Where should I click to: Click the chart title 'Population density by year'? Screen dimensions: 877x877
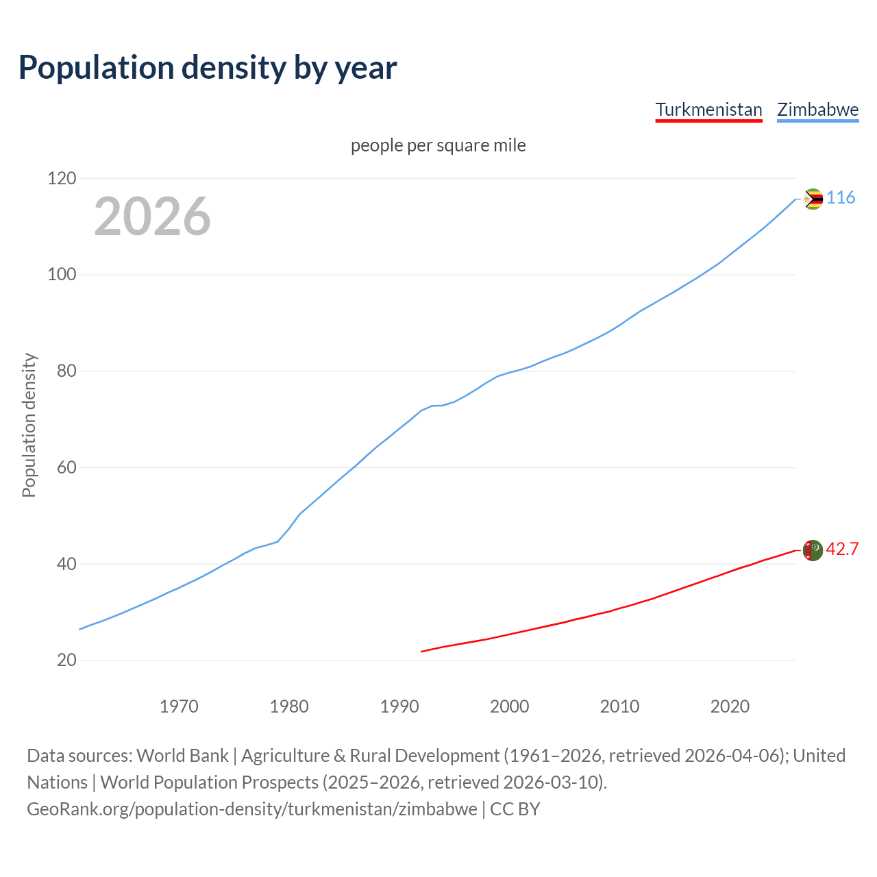(x=208, y=67)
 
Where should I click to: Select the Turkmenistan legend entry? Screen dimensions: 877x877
(x=708, y=110)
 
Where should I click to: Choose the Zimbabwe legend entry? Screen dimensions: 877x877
(x=817, y=110)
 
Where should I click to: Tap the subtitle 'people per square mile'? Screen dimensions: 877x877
(x=438, y=145)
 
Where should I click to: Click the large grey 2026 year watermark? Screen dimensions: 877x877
(x=152, y=217)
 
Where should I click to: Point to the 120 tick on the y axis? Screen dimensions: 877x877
(x=62, y=178)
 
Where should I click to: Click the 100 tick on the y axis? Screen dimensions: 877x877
(x=62, y=275)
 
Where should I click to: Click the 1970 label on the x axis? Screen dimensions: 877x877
(x=179, y=706)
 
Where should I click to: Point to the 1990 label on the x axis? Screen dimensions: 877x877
(x=399, y=706)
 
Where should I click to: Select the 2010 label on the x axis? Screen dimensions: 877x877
(x=619, y=706)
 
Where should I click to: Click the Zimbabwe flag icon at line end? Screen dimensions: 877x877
(x=813, y=199)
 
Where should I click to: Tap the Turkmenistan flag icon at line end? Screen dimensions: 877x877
(x=813, y=550)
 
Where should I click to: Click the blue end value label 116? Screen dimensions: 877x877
(x=841, y=198)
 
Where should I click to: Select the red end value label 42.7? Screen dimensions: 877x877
(x=842, y=549)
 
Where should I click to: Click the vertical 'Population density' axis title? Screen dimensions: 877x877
(x=29, y=425)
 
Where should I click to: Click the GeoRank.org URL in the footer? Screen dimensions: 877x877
(x=252, y=809)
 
